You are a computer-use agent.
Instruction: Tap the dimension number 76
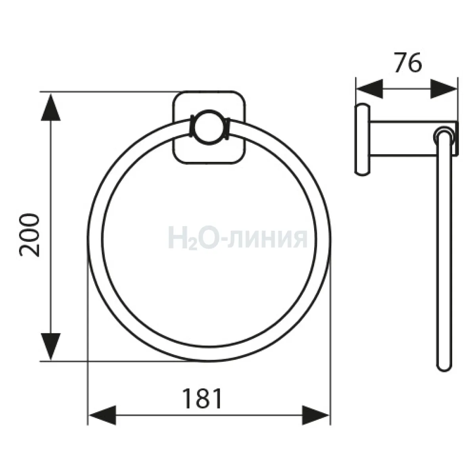[x=408, y=63]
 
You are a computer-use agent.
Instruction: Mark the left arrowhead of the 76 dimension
[x=370, y=89]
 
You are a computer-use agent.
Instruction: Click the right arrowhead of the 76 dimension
[x=443, y=89]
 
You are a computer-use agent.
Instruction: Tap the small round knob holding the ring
[x=209, y=127]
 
